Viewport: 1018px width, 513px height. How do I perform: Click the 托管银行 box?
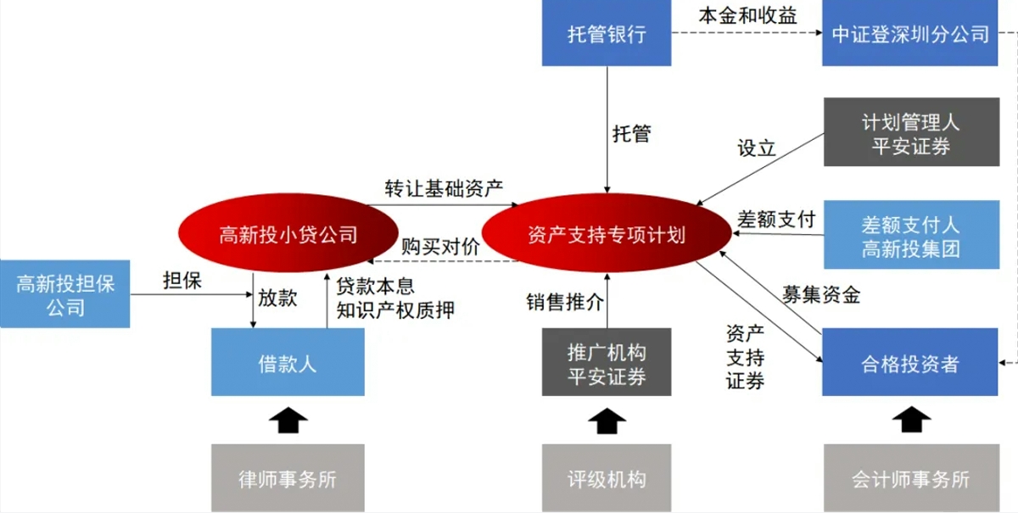coord(607,33)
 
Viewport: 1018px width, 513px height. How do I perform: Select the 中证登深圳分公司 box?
coord(909,33)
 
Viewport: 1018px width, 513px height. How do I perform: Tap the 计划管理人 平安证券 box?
coord(911,131)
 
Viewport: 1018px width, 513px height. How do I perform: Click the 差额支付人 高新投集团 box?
coord(911,235)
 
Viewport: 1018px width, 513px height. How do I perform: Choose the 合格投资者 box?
coord(909,362)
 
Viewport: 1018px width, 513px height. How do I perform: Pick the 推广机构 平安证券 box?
coord(607,362)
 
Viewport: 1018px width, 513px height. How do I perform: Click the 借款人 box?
coord(288,362)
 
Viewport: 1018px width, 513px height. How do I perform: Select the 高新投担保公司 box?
coord(65,294)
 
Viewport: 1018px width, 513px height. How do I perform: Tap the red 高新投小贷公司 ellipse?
coord(288,233)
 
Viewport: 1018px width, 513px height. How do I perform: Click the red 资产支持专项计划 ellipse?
coord(607,233)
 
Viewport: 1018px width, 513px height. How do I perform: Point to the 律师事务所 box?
coord(288,478)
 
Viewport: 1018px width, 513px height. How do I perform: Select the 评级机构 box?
coord(607,478)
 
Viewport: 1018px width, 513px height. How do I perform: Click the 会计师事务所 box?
coord(911,478)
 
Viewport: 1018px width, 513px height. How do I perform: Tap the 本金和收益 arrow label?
coord(747,16)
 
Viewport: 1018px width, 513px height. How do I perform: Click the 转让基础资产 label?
coord(444,188)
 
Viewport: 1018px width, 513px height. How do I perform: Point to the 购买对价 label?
coord(440,247)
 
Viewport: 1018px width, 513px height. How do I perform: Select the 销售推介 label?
coord(565,302)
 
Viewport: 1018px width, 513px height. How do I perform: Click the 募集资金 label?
coord(821,294)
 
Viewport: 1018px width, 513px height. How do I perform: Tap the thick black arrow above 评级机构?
coord(607,421)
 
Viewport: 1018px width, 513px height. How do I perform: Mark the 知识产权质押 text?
coord(395,310)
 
